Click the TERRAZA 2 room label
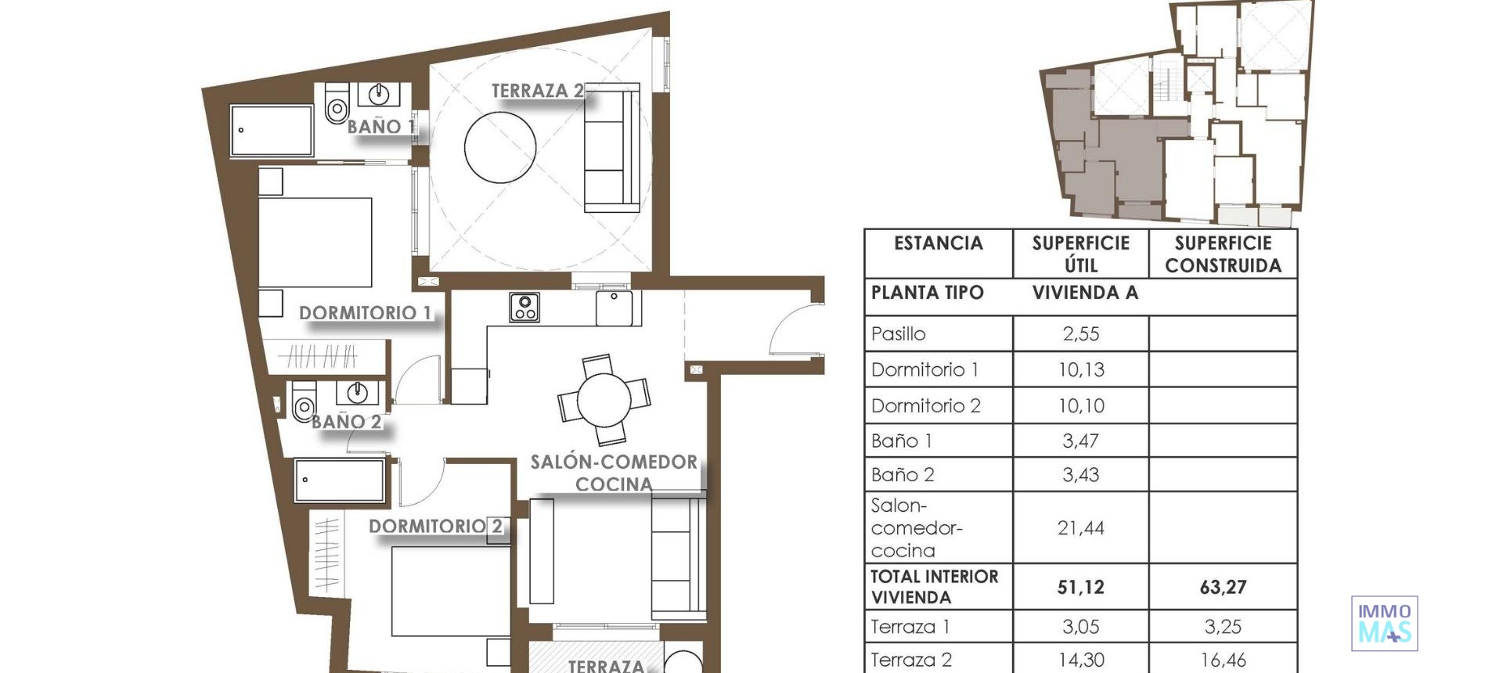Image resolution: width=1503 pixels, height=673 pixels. (x=537, y=91)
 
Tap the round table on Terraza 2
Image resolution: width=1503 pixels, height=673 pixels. (x=500, y=147)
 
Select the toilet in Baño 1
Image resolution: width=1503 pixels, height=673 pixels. (x=337, y=106)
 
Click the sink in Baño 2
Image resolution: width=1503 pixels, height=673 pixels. (x=357, y=391)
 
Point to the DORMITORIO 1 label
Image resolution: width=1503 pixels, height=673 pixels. (x=365, y=313)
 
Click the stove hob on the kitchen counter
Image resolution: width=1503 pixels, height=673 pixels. (x=524, y=307)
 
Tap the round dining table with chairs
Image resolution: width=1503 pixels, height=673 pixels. (x=604, y=399)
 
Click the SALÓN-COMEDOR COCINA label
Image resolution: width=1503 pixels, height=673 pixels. (x=614, y=473)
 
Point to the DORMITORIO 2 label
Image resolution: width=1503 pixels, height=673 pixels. (x=435, y=527)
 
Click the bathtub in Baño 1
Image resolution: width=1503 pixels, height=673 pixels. (x=272, y=131)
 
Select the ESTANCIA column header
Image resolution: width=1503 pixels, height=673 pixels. (x=938, y=243)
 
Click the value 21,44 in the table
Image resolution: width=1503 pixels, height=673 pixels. (x=1080, y=528)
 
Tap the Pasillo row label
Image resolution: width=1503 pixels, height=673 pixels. (x=898, y=334)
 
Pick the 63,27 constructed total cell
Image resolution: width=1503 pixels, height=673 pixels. (x=1223, y=587)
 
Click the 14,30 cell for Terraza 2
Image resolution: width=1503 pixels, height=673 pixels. (x=1080, y=660)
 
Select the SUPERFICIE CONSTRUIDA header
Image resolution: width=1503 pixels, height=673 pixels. (x=1223, y=254)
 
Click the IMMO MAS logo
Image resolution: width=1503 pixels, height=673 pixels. (x=1384, y=623)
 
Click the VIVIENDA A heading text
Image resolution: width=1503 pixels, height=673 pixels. (x=1085, y=293)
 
